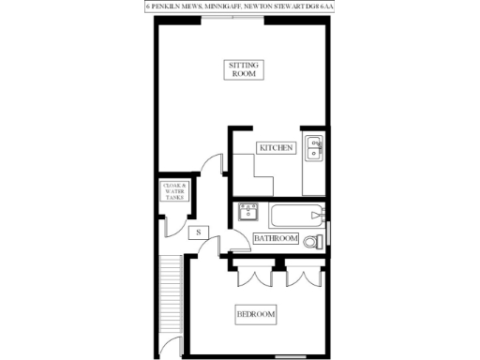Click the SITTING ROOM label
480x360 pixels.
pos(244,69)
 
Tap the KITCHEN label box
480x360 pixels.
pos(277,148)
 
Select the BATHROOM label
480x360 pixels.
pos(277,240)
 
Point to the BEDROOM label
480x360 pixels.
pos(255,312)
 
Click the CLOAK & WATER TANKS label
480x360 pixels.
pos(176,191)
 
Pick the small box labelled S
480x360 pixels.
pos(198,232)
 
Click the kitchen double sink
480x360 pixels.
pos(315,146)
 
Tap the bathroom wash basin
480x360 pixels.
pos(248,210)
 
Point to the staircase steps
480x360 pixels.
pos(170,291)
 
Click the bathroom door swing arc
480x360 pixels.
pos(242,239)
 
